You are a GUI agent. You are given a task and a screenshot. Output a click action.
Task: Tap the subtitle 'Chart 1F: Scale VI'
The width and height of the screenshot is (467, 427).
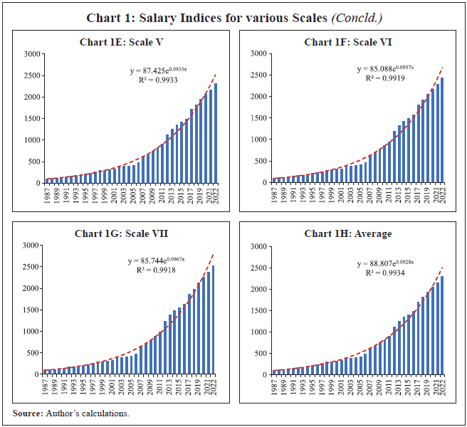pos(349,43)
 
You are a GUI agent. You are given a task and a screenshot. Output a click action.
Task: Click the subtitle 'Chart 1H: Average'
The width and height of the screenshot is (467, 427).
pos(349,233)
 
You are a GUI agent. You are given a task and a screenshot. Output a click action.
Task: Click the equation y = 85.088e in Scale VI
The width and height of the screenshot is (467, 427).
pos(384,69)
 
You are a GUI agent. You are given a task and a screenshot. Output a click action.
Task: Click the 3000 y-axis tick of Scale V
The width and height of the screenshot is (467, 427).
pos(30,54)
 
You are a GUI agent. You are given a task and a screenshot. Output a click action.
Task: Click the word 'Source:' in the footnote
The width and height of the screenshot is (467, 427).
pos(28,413)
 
